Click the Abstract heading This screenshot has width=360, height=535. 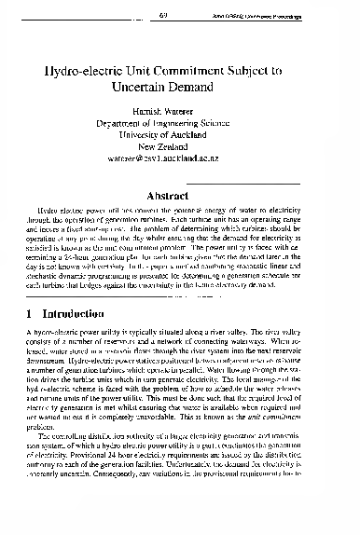[180, 196]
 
